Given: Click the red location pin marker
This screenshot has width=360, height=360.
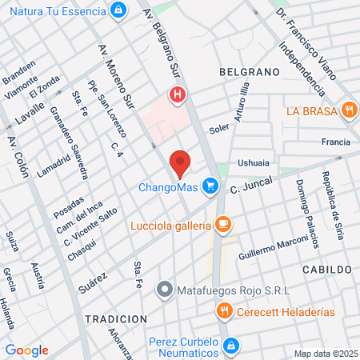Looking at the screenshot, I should point(180,163).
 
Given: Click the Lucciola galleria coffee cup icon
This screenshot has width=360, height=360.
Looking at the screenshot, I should point(224,226).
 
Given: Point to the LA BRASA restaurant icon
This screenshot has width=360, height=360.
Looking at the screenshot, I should point(348,110).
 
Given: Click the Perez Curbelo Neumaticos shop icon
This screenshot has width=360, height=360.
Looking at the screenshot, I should point(230,346).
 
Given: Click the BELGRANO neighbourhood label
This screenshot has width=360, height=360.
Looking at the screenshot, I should point(249,72).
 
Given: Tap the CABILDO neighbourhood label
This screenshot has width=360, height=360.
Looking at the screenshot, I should point(326,270).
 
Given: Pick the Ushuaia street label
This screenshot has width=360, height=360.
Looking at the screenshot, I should point(254,162).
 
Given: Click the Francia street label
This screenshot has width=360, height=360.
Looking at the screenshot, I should point(335,142).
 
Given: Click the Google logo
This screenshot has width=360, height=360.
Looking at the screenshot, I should point(26,350).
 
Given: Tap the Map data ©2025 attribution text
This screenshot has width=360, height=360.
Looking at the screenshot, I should point(324,354).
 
